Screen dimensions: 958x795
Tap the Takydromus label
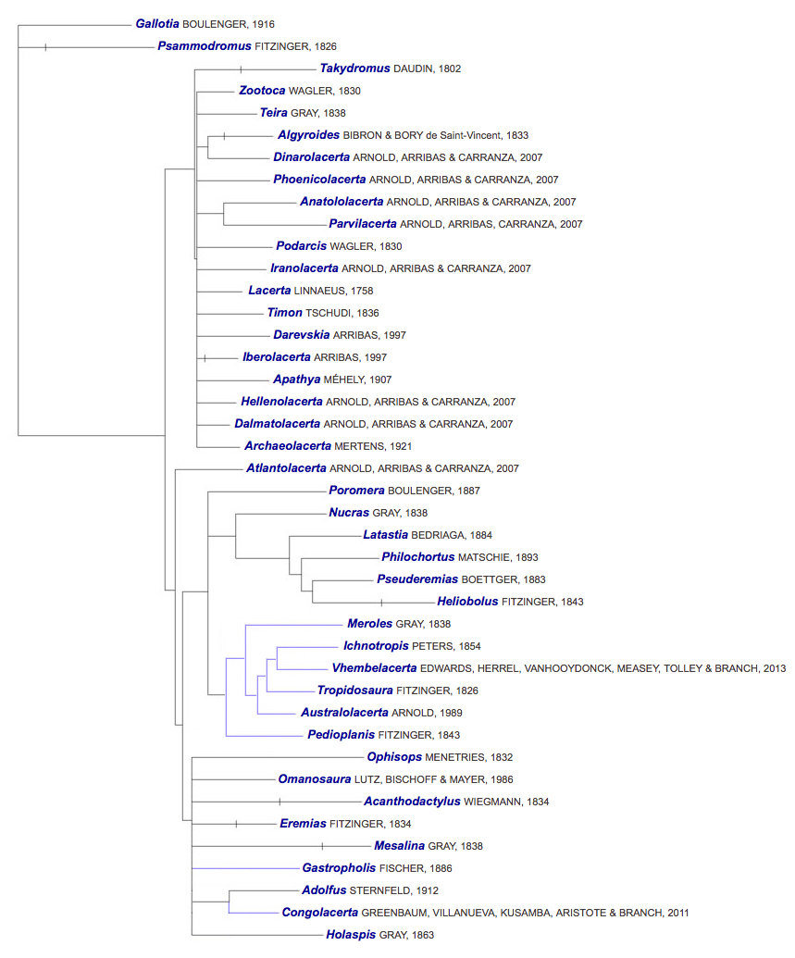354,68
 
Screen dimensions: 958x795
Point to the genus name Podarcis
301,246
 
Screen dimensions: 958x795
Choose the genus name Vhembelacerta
374,668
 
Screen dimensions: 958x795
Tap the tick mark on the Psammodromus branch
45,46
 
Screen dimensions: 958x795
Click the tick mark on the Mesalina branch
322,846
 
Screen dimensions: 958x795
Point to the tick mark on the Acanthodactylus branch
279,802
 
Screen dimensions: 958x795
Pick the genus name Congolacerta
319,913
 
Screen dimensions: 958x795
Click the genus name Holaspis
351,935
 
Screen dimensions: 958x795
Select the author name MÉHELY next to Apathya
345,379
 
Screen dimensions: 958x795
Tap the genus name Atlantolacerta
286,468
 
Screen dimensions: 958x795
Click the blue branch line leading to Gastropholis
245,868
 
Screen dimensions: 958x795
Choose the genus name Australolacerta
344,713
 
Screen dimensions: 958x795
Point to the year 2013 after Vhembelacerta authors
773,668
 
